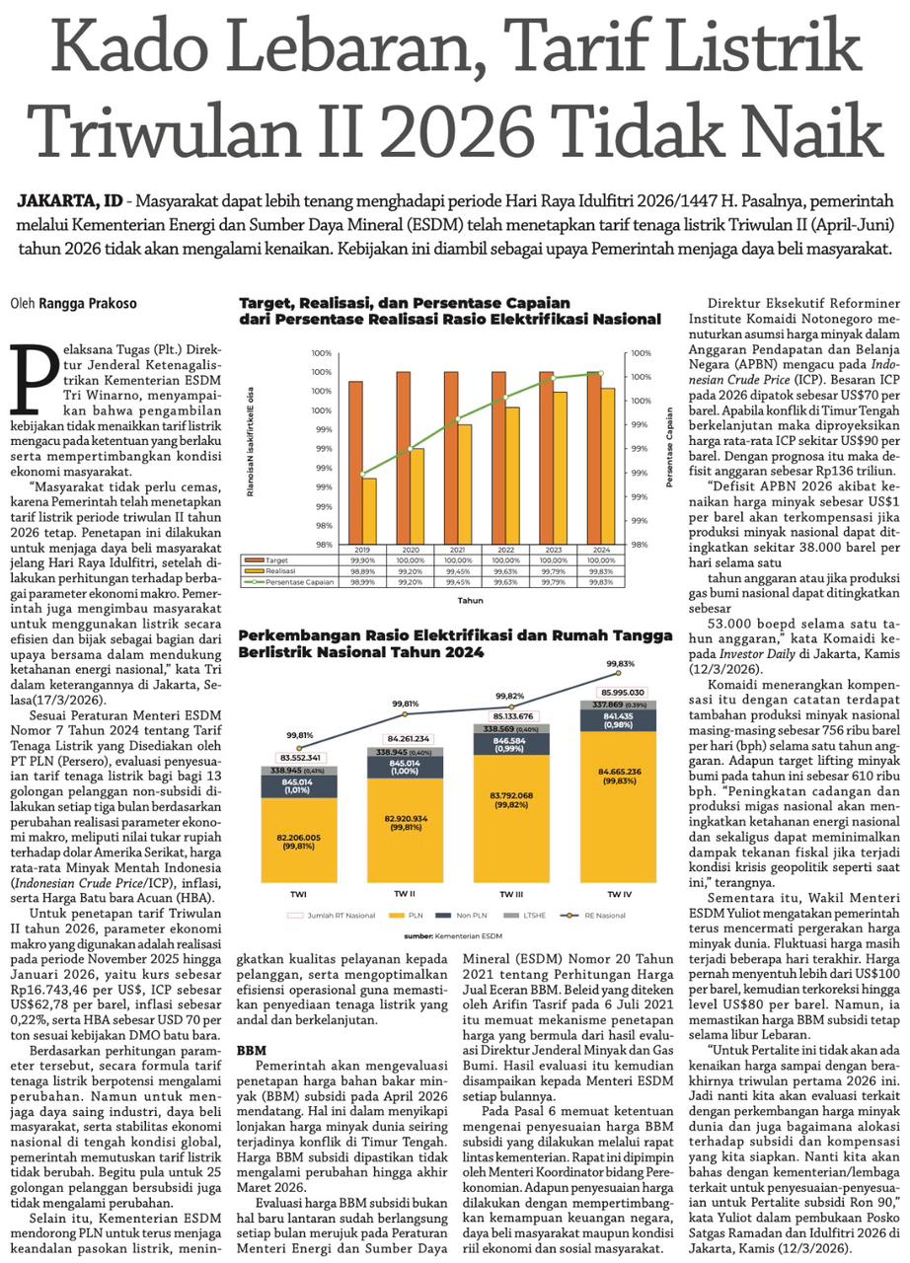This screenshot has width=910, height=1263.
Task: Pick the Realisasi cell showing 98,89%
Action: (362, 570)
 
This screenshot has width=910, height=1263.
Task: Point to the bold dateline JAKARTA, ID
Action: (69, 200)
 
